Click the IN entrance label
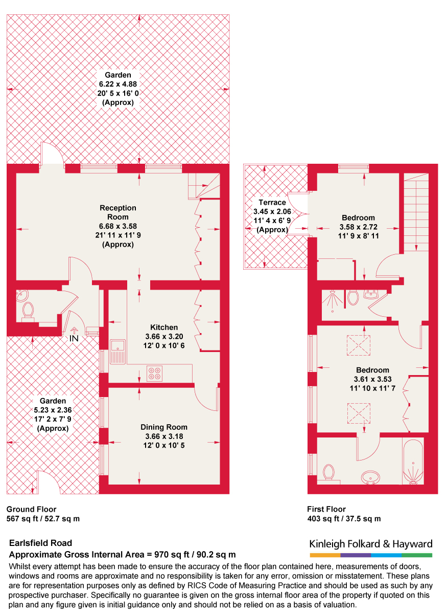(75, 339)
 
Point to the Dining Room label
(164, 427)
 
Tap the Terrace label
(272, 203)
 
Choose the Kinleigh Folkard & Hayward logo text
(371, 544)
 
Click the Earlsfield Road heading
(41, 543)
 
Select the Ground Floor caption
(31, 510)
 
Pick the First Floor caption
(326, 510)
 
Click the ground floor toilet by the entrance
(28, 310)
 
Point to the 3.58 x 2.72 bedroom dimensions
(358, 227)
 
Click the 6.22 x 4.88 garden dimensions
(118, 84)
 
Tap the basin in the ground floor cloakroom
(22, 295)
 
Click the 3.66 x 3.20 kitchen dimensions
(164, 337)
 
